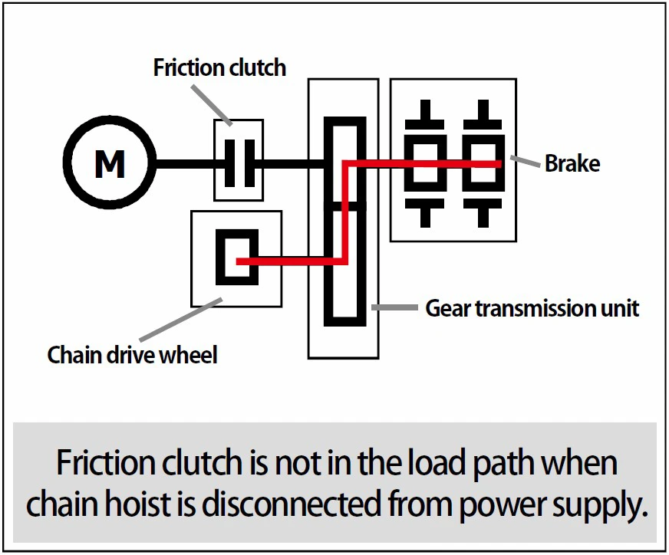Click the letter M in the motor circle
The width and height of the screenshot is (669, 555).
click(x=110, y=163)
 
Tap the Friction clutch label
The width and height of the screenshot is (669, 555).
click(x=219, y=67)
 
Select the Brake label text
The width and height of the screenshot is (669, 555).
click(x=572, y=163)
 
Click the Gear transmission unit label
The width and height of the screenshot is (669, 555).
click(x=532, y=308)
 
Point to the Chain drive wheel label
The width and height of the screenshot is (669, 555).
click(x=132, y=355)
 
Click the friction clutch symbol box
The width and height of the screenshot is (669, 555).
click(x=239, y=160)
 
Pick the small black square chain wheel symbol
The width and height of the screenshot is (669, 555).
click(x=236, y=257)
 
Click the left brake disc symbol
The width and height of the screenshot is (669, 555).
click(x=425, y=163)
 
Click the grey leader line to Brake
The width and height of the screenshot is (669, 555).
click(x=525, y=162)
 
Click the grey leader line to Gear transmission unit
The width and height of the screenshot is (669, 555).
click(x=395, y=308)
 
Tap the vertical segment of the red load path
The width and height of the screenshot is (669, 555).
click(x=344, y=211)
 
